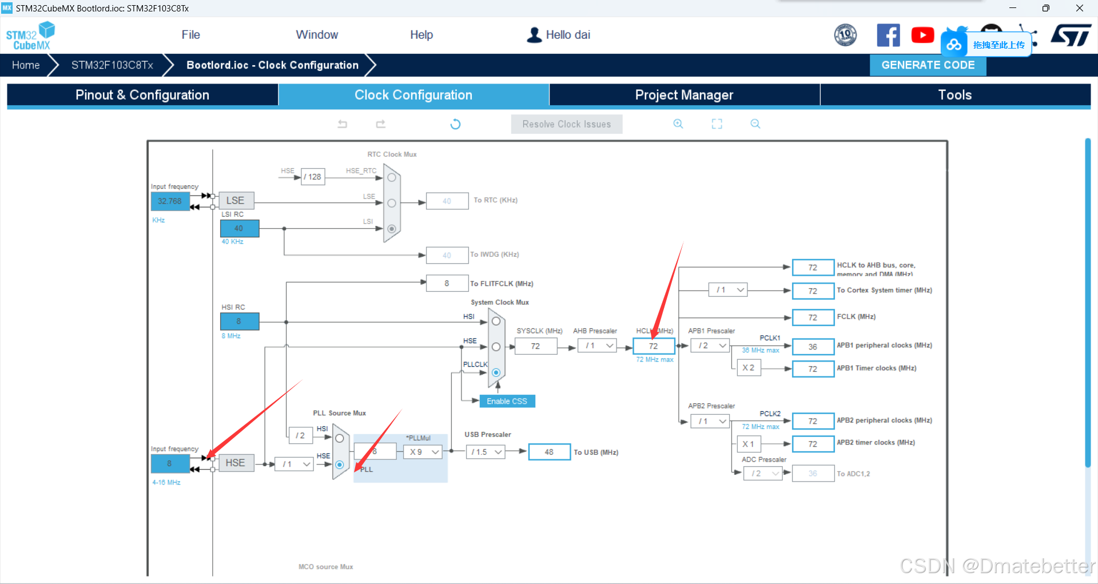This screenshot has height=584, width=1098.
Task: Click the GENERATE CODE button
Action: (928, 65)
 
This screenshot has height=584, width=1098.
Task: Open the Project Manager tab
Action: (684, 95)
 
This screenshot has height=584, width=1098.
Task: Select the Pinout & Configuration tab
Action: (142, 95)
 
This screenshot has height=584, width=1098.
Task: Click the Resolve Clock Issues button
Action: (566, 124)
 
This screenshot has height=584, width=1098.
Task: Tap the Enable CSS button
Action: (507, 402)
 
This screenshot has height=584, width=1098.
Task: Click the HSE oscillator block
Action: (235, 463)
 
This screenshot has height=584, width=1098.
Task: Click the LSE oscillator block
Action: (236, 201)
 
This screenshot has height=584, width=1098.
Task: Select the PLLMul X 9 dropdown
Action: (424, 452)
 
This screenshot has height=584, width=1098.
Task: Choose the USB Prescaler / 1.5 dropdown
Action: (486, 452)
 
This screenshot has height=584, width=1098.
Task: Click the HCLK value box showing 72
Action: (653, 346)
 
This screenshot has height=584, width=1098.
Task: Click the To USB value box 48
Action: (549, 452)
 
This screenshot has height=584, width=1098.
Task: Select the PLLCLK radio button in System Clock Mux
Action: (496, 372)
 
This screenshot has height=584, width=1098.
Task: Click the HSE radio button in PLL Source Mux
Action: (340, 464)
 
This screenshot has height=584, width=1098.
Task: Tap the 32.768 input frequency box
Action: (170, 201)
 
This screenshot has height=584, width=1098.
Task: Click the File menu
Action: (190, 35)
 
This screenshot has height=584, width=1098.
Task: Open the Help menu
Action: (421, 35)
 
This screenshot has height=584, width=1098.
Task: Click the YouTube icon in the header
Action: (922, 35)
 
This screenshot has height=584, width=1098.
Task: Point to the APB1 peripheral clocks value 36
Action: (813, 347)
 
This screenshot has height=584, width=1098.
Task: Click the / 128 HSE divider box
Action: (313, 177)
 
